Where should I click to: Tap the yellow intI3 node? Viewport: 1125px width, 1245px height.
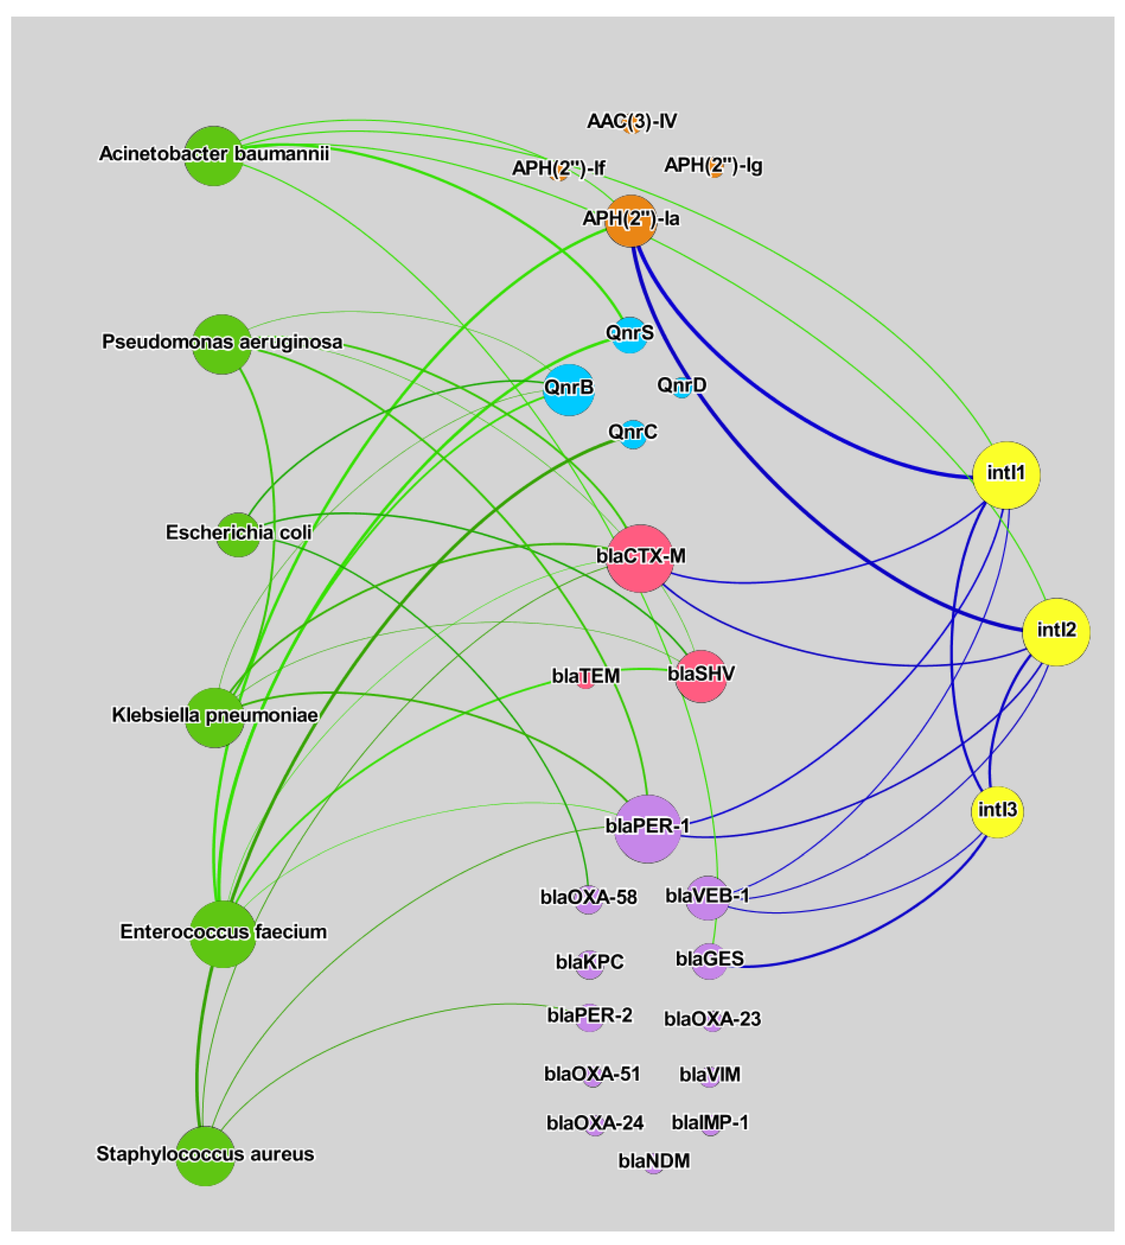[x=997, y=812]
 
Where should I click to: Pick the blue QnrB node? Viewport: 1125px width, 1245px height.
[x=568, y=390]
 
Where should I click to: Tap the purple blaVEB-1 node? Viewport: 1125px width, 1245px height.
[x=707, y=897]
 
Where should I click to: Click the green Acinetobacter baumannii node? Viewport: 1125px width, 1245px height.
[x=213, y=156]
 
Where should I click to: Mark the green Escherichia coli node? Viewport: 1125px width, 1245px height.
[x=238, y=534]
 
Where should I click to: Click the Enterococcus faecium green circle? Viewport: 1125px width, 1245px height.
[x=222, y=934]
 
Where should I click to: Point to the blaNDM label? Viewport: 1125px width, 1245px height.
[x=654, y=1160]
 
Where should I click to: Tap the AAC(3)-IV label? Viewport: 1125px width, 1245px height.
[x=631, y=121]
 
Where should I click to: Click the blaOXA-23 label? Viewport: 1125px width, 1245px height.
[x=712, y=1018]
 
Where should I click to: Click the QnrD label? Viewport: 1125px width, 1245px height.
[x=681, y=385]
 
